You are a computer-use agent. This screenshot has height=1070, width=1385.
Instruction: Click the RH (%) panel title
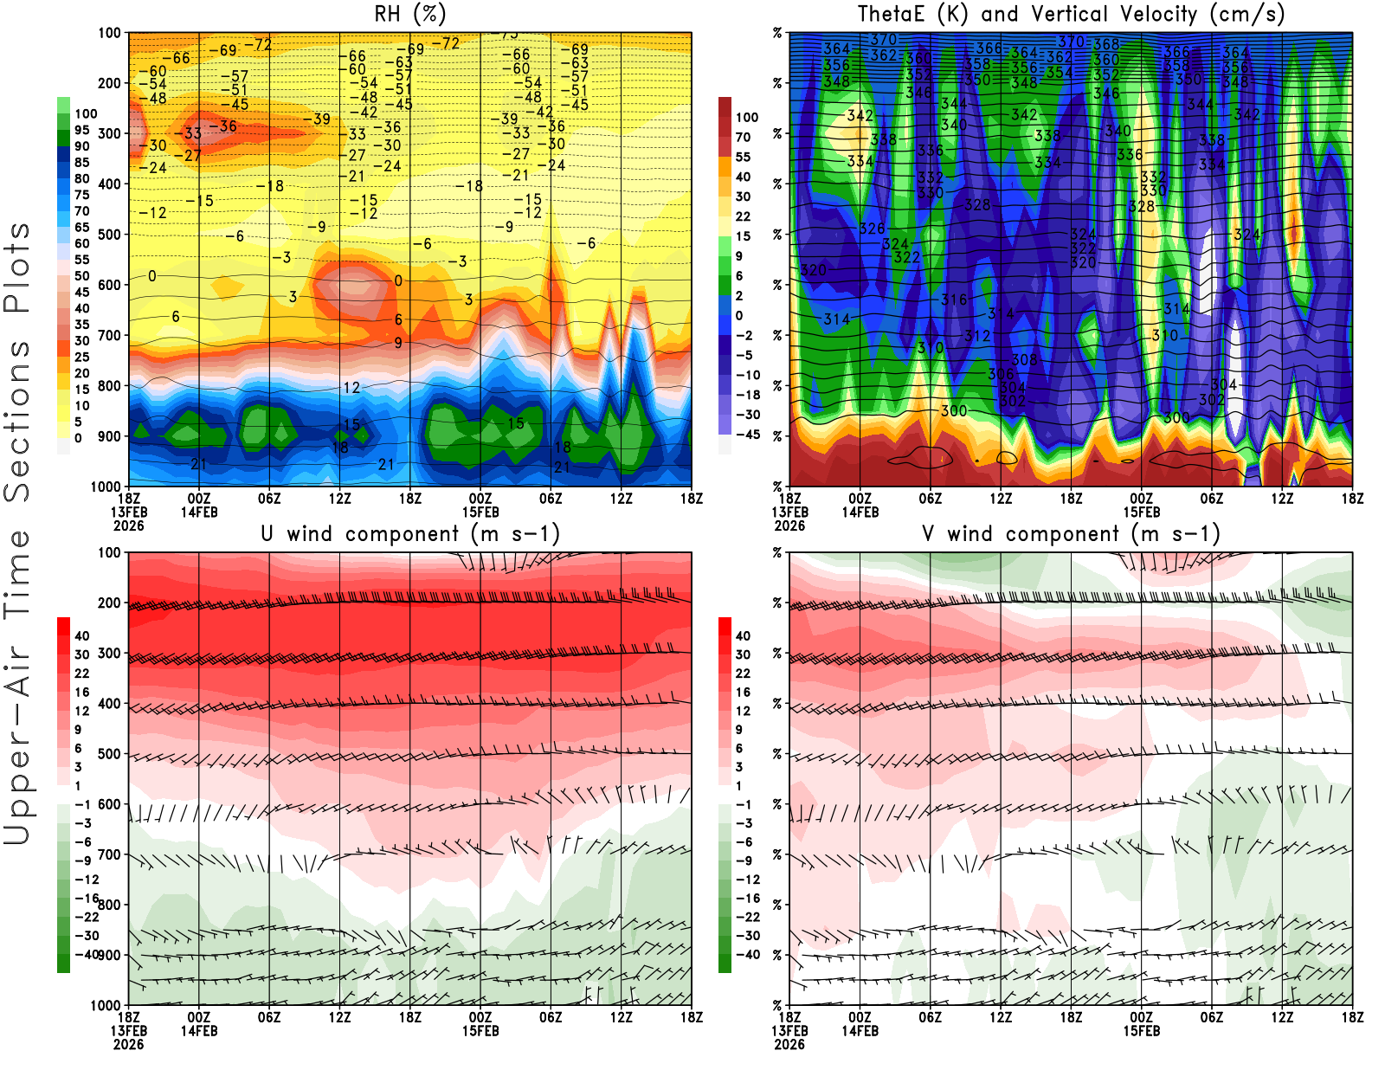(410, 14)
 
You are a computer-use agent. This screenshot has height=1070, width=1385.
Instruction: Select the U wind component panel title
(410, 533)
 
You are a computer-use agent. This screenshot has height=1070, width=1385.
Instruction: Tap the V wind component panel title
(1071, 533)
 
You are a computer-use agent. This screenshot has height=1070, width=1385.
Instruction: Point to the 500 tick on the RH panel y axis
(109, 235)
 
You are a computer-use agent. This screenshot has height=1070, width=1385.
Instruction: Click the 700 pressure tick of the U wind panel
(109, 854)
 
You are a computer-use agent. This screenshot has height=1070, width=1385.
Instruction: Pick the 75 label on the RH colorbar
(82, 195)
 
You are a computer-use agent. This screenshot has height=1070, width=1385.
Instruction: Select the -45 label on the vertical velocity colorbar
(748, 435)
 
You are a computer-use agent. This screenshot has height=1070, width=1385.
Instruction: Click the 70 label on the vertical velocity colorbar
(743, 137)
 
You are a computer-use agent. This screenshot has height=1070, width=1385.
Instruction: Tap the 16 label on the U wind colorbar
(82, 692)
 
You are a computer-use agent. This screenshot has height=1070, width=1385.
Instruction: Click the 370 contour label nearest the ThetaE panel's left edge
(884, 40)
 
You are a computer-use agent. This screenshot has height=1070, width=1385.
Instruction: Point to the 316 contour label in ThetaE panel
(954, 300)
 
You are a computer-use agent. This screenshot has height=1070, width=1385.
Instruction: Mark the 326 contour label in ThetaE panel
(872, 229)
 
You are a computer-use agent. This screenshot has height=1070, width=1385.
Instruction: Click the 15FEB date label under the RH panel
(480, 512)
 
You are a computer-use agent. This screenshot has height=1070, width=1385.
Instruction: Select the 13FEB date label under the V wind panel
(789, 1031)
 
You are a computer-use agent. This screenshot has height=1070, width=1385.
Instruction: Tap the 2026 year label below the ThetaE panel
(789, 525)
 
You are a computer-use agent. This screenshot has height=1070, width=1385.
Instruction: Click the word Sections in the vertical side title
(17, 420)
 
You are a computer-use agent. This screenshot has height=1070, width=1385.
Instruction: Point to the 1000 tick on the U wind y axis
(106, 1005)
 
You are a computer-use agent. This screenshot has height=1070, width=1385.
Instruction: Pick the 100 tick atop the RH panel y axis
(109, 33)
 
